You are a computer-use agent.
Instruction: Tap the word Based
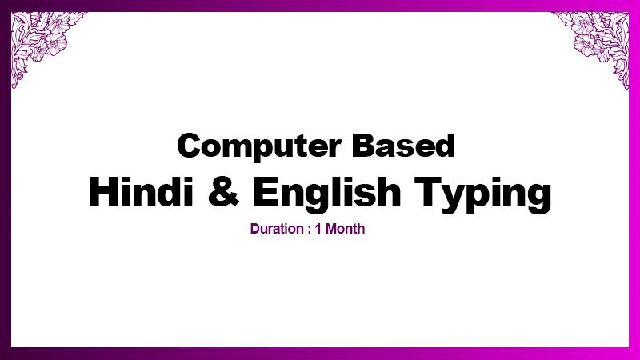point(403,146)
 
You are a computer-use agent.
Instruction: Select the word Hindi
point(142,191)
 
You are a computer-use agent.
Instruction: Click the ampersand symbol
point(223,191)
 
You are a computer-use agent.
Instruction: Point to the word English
point(326,194)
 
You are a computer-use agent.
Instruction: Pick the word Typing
point(482,194)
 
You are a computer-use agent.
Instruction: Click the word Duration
point(277,229)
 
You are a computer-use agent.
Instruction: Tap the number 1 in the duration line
point(318,229)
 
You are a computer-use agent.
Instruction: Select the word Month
point(345,229)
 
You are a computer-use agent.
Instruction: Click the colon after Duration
point(309,230)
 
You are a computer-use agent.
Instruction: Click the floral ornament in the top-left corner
point(45,45)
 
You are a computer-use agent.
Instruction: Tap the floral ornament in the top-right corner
point(596,45)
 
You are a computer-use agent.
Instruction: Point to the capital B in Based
point(363,146)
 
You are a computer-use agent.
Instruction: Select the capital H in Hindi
point(103,191)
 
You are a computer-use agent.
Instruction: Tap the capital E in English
point(266,191)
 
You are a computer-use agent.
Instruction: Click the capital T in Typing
point(428,191)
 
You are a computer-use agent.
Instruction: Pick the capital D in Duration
point(254,229)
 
